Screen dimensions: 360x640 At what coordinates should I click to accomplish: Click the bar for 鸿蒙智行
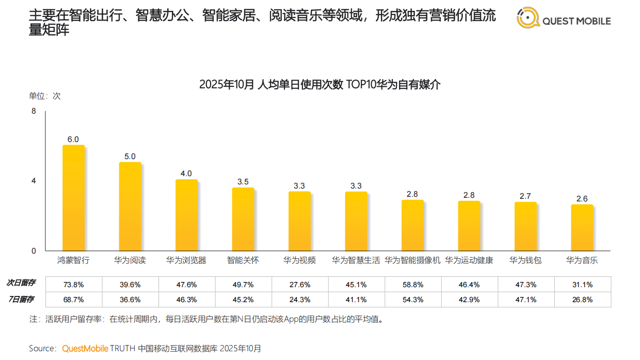[x=73, y=198]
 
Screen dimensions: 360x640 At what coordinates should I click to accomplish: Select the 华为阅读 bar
[x=130, y=207]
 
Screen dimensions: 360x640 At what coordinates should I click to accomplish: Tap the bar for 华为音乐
[x=582, y=228]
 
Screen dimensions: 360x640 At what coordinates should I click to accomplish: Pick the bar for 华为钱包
[x=525, y=226]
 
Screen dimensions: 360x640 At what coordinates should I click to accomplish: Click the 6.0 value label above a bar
[x=73, y=139]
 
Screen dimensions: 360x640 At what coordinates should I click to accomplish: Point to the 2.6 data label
[x=582, y=199]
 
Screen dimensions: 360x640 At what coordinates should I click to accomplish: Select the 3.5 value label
[x=243, y=182]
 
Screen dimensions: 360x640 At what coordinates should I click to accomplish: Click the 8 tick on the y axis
[x=34, y=111]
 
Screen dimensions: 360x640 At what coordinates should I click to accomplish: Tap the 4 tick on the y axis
[x=34, y=181]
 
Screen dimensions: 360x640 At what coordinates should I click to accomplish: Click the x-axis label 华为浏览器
[x=186, y=260]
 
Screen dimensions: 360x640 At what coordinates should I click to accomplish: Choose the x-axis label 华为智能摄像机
[x=412, y=260]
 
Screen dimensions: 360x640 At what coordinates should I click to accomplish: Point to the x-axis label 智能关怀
[x=243, y=260]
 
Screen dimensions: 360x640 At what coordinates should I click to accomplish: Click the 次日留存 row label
[x=21, y=283]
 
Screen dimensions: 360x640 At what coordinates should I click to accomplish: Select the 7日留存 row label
[x=21, y=299]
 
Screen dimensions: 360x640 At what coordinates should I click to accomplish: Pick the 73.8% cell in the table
[x=74, y=284]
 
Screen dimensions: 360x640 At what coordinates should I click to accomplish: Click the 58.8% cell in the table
[x=412, y=284]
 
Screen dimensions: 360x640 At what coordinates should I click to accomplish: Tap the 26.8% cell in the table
[x=582, y=300]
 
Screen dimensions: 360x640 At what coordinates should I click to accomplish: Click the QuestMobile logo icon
[x=527, y=18]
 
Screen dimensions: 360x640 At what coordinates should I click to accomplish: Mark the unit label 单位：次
[x=44, y=96]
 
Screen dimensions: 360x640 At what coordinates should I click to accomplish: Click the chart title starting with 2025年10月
[x=319, y=84]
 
